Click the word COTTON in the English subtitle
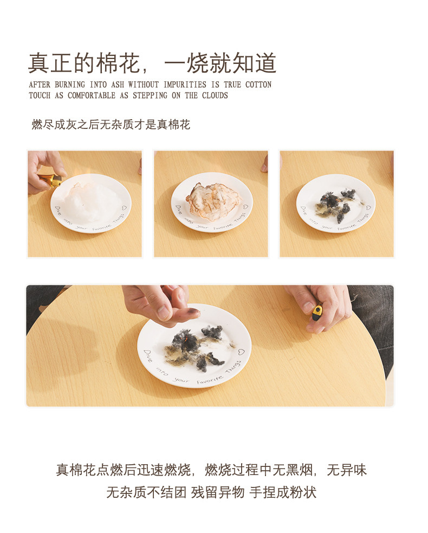coord(258,84)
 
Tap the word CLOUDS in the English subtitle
coord(215,95)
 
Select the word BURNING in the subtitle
coord(70,84)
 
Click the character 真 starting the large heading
coord(39,63)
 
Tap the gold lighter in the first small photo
coord(50,180)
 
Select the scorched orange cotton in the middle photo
coord(213,200)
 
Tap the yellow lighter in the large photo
coord(317,312)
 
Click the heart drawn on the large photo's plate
coord(241,352)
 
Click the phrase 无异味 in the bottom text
coord(347,470)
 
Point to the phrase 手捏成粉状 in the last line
coord(283,492)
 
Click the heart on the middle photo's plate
coord(245,206)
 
